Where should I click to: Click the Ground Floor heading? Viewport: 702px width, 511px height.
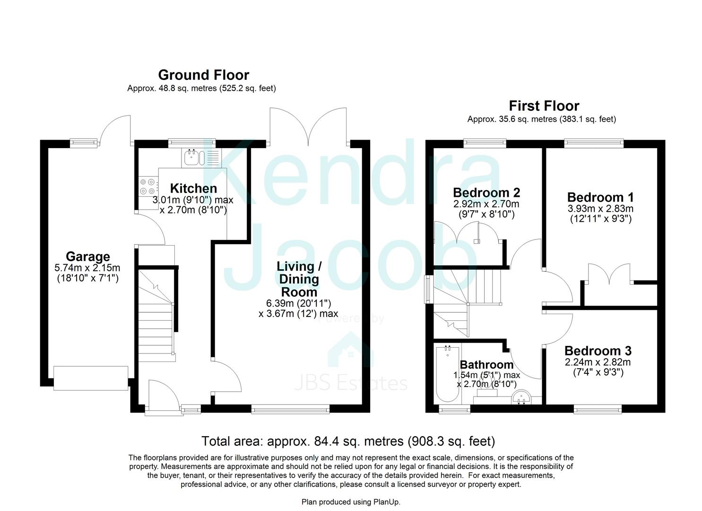(x=203, y=75)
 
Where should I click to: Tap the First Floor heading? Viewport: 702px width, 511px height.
(x=544, y=106)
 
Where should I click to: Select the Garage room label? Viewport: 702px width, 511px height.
(x=87, y=256)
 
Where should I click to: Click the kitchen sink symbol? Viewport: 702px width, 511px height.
(x=192, y=158)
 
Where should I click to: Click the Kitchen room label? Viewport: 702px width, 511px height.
(x=193, y=188)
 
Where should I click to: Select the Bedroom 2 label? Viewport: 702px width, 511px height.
(x=486, y=193)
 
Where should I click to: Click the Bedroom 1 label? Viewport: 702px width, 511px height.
(x=600, y=197)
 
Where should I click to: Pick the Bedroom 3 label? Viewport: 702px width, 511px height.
(x=598, y=351)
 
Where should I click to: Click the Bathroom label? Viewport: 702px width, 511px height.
(x=486, y=365)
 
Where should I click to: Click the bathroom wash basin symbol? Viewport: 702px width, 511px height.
(x=522, y=398)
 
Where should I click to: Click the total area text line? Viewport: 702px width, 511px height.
(x=348, y=441)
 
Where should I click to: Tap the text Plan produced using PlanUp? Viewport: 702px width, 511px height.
(x=351, y=502)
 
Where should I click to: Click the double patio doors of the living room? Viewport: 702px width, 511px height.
(x=309, y=127)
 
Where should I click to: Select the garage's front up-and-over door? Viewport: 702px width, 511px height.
(x=90, y=378)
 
